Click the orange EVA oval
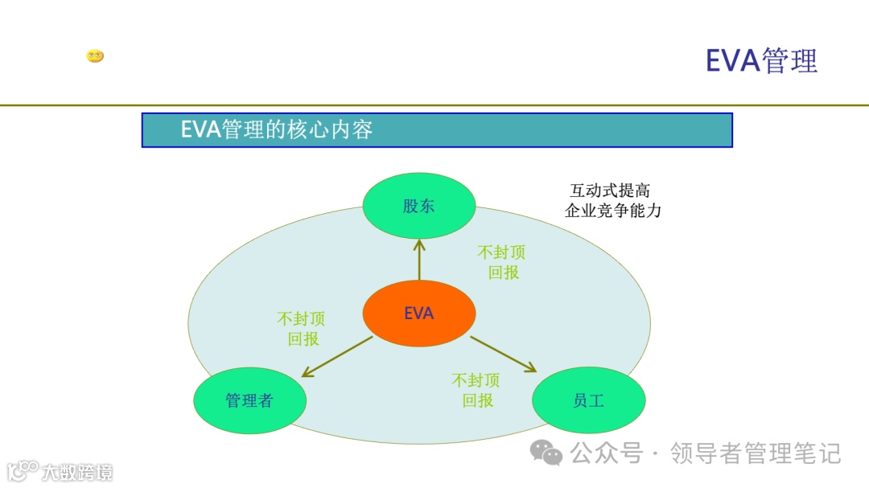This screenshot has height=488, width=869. tap(418, 314)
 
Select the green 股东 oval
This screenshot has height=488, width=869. tap(418, 206)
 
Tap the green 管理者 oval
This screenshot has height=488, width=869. tap(249, 400)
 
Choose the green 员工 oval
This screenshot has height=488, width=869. tap(589, 400)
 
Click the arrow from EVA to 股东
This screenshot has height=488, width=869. tap(418, 259)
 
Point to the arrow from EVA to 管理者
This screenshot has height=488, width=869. tap(337, 357)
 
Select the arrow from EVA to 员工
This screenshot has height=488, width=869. tap(503, 354)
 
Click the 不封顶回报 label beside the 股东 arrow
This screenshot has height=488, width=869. tap(502, 262)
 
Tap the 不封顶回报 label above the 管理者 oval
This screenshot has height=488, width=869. tap(302, 329)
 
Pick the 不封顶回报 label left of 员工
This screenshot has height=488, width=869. tap(476, 389)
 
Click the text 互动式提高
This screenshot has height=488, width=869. tap(610, 191)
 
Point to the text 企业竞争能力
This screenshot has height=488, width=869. tap(613, 211)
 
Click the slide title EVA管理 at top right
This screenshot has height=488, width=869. tap(761, 60)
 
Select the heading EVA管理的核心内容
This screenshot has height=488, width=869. tap(277, 129)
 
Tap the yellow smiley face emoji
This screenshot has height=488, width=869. tap(95, 56)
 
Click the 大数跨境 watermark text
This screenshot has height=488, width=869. tap(78, 471)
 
